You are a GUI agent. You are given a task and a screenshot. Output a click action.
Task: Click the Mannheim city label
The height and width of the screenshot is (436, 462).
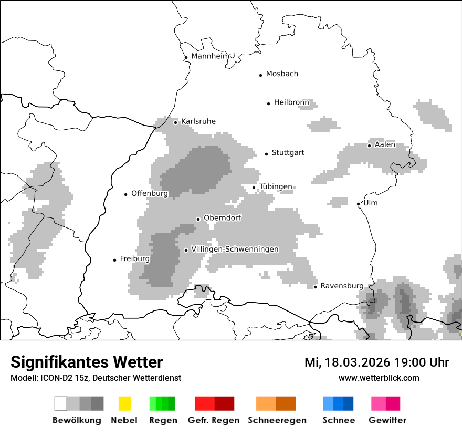coord(210,56)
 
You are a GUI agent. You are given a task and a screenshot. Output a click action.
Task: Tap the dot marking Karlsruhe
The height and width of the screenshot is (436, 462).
coord(176,122)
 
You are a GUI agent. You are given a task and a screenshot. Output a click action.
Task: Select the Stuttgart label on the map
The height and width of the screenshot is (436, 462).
coord(288,153)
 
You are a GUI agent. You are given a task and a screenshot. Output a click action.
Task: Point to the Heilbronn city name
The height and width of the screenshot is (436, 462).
coord(291,102)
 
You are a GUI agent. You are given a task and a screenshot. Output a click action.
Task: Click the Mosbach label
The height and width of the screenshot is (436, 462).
coord(282,74)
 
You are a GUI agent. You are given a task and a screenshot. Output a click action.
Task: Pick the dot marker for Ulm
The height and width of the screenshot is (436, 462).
coord(358,204)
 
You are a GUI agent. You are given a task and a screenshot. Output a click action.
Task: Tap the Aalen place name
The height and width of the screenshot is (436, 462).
coord(385,144)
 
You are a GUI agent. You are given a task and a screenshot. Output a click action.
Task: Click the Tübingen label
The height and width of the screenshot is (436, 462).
coord(276,187)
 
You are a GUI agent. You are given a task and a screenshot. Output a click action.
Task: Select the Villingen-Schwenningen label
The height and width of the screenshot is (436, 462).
coord(235,249)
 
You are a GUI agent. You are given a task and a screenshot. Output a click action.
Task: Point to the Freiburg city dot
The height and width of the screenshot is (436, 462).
coord(114,260)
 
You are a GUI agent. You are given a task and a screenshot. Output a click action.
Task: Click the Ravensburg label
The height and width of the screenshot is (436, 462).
coord(342,286)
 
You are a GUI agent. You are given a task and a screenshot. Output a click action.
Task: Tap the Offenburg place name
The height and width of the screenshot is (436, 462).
coord(150,193)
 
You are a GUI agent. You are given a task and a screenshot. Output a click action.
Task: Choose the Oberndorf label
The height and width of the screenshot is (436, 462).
coord(222,217)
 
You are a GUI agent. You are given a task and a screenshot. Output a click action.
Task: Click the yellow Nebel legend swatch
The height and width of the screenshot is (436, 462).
coord(124,403)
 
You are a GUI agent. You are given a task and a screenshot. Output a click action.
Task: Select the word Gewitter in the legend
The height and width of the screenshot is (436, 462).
coord(387,420)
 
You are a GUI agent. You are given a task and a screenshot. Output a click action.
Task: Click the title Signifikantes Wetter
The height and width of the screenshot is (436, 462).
coord(87,362)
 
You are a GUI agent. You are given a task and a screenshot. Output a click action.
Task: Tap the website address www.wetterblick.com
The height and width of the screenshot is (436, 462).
coord(379,378)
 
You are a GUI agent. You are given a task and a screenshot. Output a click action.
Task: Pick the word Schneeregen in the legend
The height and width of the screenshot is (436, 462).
coord(277,420)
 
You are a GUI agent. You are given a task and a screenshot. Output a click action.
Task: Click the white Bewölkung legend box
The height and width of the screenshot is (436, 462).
coord(61,403)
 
